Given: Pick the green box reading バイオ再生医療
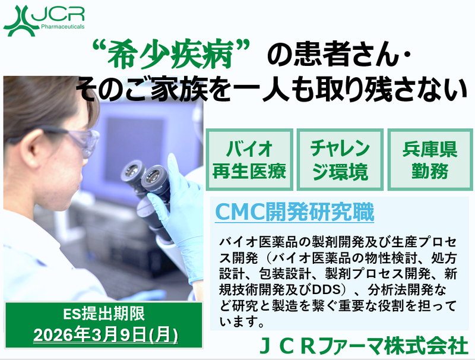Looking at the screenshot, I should pos(249,157).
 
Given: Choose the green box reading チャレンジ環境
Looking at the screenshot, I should pos(340,157).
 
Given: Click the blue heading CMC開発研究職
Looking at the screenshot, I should pos(294,212).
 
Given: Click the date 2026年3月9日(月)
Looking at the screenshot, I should pos(106,334).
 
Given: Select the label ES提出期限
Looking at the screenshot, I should pos(104,315).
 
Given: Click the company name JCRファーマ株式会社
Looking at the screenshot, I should pos(364,346).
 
